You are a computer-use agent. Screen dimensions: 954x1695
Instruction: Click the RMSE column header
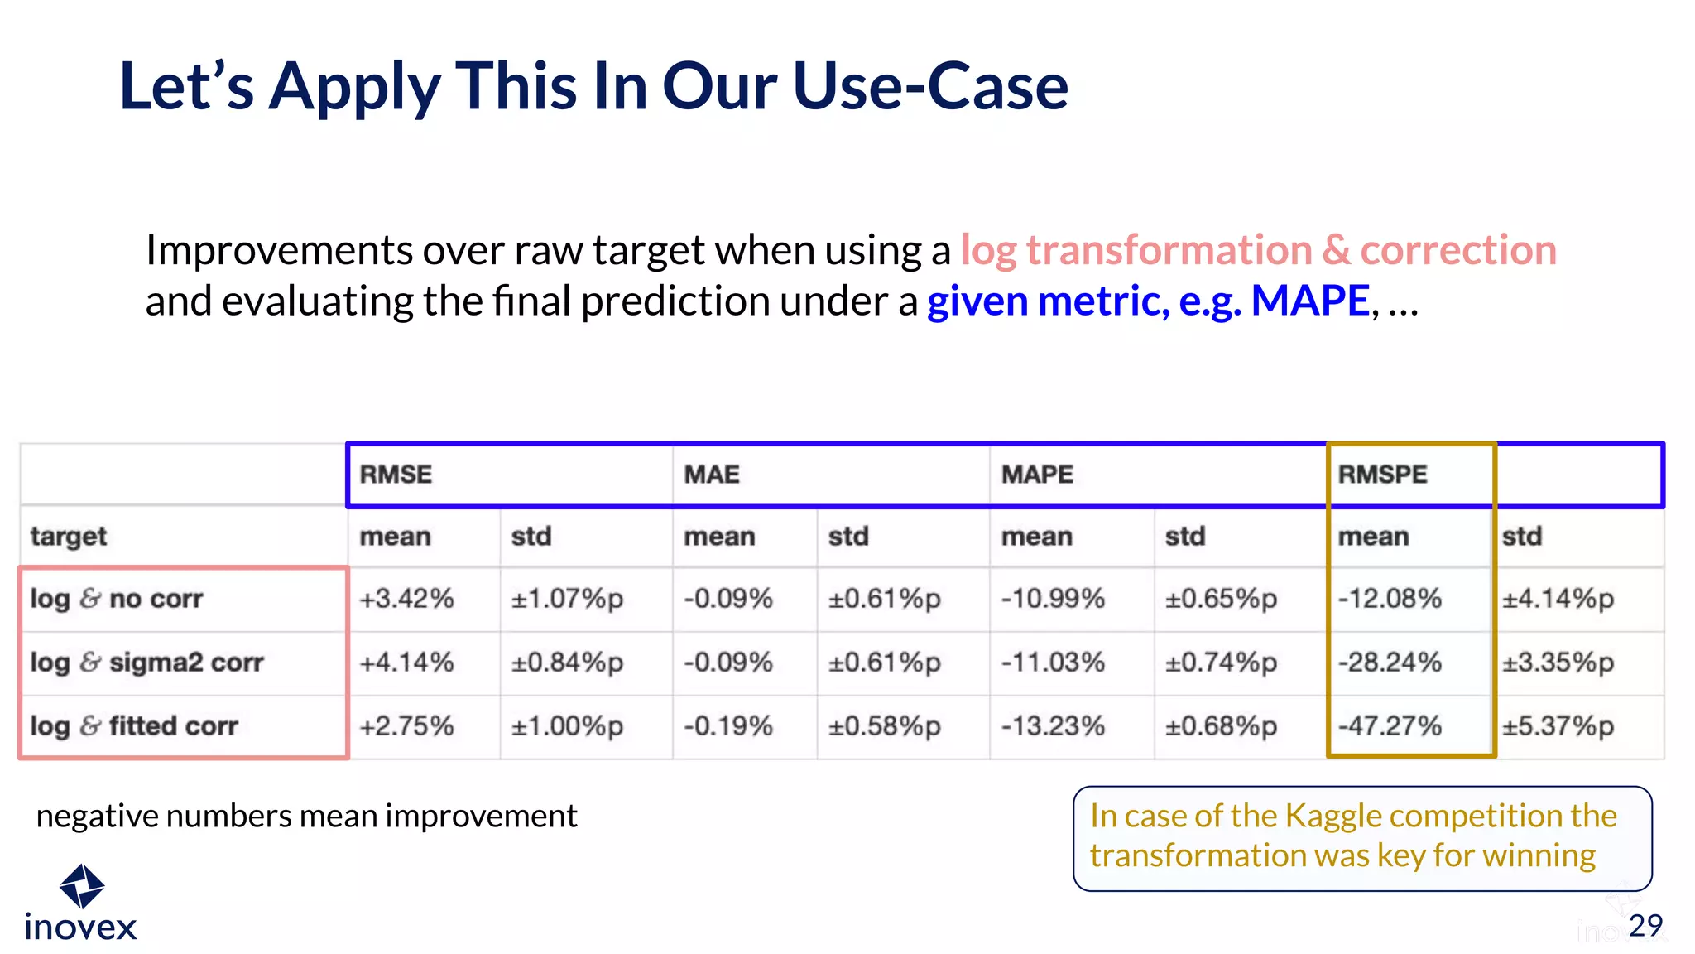click(396, 475)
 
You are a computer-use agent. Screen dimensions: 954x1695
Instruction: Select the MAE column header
click(711, 475)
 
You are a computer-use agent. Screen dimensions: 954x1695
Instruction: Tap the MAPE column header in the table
click(1036, 475)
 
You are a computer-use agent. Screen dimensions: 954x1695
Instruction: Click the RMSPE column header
click(1382, 475)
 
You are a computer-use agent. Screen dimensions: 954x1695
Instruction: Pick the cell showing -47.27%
click(1390, 726)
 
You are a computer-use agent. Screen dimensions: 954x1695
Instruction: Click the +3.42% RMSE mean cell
click(406, 599)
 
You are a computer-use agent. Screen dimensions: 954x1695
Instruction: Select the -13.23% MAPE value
click(1053, 726)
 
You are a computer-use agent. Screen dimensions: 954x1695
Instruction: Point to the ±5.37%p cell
click(1558, 726)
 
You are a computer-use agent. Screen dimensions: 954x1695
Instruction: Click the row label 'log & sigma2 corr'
click(146, 662)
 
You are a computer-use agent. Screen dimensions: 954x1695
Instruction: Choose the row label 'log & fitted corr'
click(134, 726)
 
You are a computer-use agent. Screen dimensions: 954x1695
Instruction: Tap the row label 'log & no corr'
click(117, 599)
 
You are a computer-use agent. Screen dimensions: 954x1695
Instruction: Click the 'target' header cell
click(69, 537)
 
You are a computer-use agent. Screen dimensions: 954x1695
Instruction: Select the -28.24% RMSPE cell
click(1390, 662)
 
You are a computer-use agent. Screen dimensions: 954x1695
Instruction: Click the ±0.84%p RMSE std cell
click(567, 662)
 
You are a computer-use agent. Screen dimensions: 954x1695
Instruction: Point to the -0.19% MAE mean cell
click(727, 726)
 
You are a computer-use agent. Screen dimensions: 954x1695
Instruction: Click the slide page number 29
click(1645, 925)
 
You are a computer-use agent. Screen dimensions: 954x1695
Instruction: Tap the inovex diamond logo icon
click(82, 886)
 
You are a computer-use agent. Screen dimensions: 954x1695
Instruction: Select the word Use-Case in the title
click(930, 86)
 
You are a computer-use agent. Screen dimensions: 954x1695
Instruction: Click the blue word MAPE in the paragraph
click(1309, 301)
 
